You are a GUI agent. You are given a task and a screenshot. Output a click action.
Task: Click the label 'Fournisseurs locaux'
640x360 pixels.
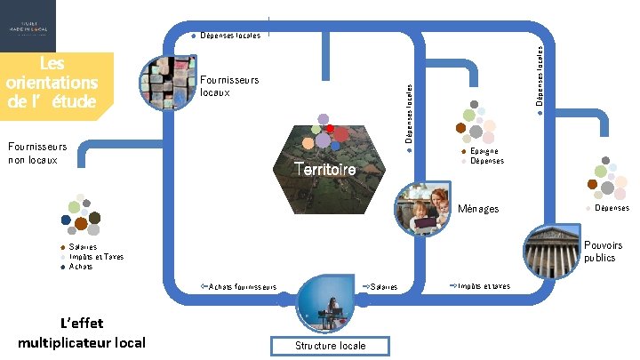tap(229, 85)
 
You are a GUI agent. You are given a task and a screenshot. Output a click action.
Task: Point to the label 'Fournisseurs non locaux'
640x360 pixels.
tap(36, 154)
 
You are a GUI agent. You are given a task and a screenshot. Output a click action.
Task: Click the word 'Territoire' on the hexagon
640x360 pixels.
tap(325, 169)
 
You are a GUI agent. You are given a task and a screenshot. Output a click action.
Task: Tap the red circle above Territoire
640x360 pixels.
tap(331, 130)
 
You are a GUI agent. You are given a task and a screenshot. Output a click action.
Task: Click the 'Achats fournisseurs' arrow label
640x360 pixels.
tap(242, 286)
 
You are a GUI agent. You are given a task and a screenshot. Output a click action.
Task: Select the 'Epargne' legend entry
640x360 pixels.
tap(484, 152)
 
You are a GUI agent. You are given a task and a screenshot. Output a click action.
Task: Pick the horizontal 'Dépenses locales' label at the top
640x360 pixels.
tap(230, 36)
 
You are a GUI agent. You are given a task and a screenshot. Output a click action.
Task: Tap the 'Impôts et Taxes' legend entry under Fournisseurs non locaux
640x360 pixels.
tap(96, 256)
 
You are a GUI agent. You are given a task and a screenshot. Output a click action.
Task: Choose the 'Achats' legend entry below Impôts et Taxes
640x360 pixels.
tap(81, 266)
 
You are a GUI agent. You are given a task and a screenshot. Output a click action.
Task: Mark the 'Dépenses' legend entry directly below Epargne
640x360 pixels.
tap(487, 161)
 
